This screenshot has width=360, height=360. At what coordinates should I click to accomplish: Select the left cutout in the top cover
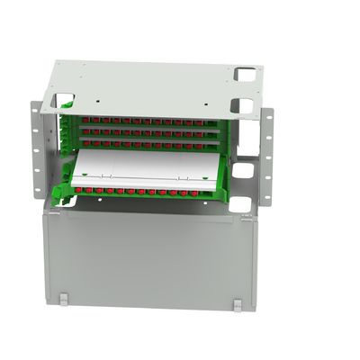coord(63,100)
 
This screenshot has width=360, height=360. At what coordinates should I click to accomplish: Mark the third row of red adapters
coord(148,142)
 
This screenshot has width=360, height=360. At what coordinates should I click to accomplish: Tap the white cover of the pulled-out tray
coord(144,169)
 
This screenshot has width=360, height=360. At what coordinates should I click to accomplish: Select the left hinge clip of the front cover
coord(63,300)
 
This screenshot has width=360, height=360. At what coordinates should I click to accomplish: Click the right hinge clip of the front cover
coord(237,305)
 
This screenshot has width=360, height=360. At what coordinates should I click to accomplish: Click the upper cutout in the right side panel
coord(241,169)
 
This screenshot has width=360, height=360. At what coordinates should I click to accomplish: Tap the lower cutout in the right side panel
coord(240,203)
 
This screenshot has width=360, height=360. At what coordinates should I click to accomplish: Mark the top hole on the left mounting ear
coord(37,116)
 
